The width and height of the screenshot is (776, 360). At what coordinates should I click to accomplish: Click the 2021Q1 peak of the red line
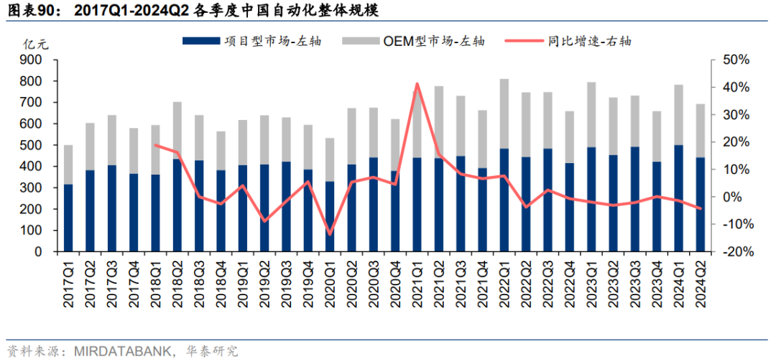click(417, 84)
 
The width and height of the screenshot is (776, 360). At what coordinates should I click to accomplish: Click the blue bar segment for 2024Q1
click(679, 198)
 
